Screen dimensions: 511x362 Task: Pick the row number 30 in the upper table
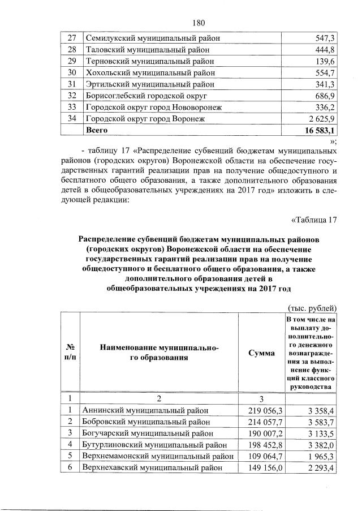coord(71,73)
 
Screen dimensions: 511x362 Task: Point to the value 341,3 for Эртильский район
coord(324,85)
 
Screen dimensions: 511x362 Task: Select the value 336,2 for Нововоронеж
coord(324,108)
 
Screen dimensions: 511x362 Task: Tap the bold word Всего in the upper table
coord(96,131)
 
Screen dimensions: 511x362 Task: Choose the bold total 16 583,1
coord(317,131)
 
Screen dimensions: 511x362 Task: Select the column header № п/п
coord(71,353)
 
